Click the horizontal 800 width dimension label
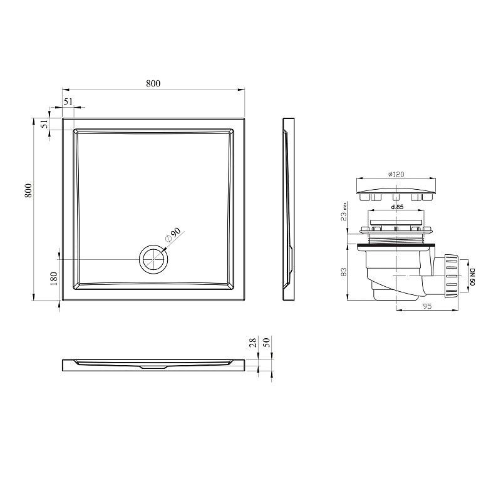point(153,83)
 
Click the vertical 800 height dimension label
point(29,190)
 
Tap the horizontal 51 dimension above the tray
point(68,101)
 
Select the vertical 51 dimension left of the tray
point(44,123)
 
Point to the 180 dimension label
point(54,279)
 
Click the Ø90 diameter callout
point(173,235)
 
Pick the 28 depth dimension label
point(253,343)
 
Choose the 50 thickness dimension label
point(267,343)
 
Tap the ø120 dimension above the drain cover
point(396,174)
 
